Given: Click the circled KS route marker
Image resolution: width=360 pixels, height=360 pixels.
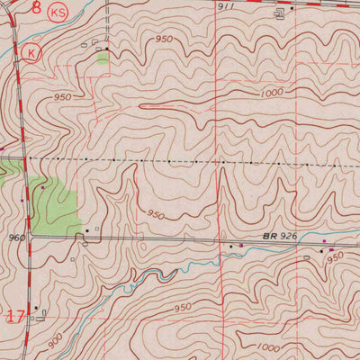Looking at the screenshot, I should (x=59, y=13).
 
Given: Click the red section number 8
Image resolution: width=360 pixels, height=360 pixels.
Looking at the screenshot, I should (x=36, y=8).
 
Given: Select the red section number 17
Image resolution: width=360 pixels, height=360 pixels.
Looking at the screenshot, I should (x=15, y=316).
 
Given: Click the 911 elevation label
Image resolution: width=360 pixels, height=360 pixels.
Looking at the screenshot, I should (x=227, y=5).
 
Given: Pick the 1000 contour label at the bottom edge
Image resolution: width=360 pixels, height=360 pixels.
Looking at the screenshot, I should (x=268, y=347).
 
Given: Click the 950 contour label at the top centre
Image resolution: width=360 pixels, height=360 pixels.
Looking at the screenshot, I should (x=164, y=40).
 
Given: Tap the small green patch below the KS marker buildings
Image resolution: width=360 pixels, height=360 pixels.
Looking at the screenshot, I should (x=102, y=58).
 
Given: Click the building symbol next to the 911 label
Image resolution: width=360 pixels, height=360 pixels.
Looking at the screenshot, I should (x=278, y=12).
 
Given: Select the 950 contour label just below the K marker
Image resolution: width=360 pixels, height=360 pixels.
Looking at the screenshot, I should (x=62, y=96).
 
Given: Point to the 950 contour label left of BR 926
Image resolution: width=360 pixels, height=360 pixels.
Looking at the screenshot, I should (x=156, y=215).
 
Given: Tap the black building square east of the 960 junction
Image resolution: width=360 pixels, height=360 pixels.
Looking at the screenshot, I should (x=87, y=231).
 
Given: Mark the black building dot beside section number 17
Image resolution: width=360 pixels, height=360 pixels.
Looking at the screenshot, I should (x=36, y=309).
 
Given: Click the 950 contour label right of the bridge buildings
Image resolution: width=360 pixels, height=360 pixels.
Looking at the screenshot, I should (x=335, y=256).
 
